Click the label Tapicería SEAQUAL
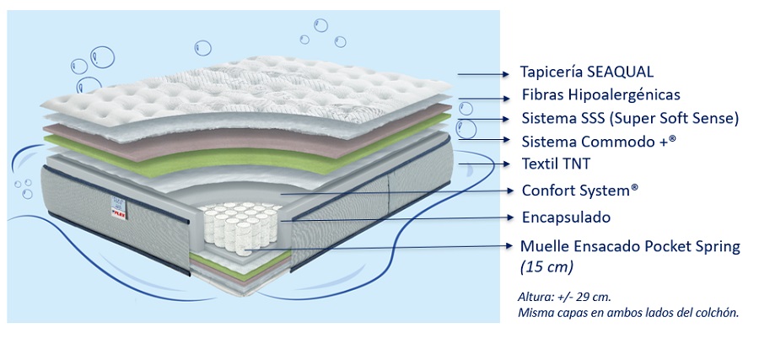pyautogui.click(x=587, y=73)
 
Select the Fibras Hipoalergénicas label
pyautogui.click(x=600, y=95)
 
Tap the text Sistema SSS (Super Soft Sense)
pyautogui.click(x=630, y=118)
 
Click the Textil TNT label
pyautogui.click(x=558, y=164)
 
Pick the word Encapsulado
pyautogui.click(x=566, y=218)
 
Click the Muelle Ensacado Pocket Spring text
pyautogui.click(x=630, y=247)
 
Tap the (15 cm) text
pyautogui.click(x=546, y=267)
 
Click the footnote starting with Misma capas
pyautogui.click(x=628, y=313)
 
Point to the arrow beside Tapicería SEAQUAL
pyautogui.click(x=484, y=73)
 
